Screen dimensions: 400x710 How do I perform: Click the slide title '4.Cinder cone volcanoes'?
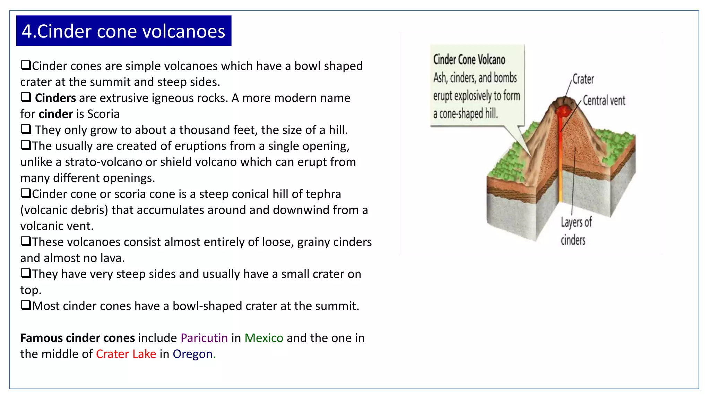pyautogui.click(x=123, y=31)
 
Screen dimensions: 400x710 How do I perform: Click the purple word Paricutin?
pyautogui.click(x=204, y=338)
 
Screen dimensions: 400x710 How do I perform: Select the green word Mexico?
pyautogui.click(x=264, y=338)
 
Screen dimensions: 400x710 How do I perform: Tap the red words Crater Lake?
pyautogui.click(x=126, y=354)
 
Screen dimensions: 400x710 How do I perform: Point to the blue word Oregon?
pyautogui.click(x=192, y=354)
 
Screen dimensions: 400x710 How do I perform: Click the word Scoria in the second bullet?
pyautogui.click(x=103, y=114)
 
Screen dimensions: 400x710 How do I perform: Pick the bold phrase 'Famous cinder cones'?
pyautogui.click(x=77, y=338)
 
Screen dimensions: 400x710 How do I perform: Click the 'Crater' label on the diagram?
pyautogui.click(x=583, y=79)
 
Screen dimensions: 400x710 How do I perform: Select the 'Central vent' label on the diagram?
pyautogui.click(x=604, y=101)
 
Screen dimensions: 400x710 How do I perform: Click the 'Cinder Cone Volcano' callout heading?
pyautogui.click(x=469, y=60)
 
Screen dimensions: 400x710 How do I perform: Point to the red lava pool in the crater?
pyautogui.click(x=563, y=111)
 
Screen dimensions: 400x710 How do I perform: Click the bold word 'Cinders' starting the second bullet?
pyautogui.click(x=55, y=98)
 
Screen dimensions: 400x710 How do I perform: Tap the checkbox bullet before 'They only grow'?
pyautogui.click(x=26, y=129)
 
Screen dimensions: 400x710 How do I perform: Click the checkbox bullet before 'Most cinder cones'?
pyautogui.click(x=26, y=305)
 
